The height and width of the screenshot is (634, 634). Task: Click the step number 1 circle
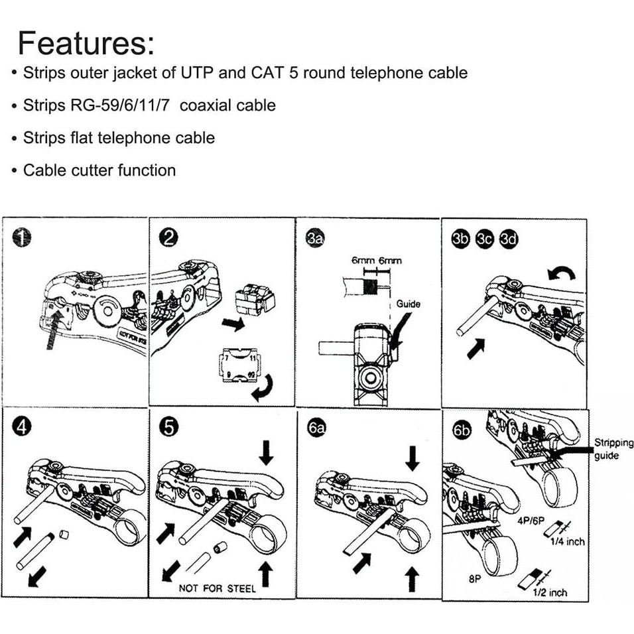pos(23,237)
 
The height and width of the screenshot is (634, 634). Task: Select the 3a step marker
pos(316,238)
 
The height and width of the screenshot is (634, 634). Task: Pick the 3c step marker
pos(485,239)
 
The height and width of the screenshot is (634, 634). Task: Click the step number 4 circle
pos(23,428)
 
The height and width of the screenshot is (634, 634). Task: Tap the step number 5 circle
pos(170,428)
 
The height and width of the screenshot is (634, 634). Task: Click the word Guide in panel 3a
pos(409,304)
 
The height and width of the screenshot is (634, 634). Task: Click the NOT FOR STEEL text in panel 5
pos(217,588)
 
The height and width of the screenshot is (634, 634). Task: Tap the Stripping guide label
pos(613,449)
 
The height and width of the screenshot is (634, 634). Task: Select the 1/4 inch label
pos(567,541)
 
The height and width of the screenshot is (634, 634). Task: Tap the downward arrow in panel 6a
pos(412,458)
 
